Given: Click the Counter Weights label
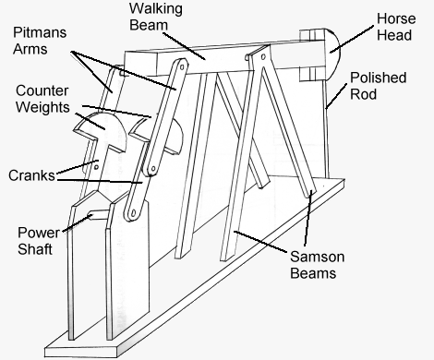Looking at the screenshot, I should [x=42, y=101].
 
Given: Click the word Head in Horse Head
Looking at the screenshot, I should [x=395, y=38].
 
